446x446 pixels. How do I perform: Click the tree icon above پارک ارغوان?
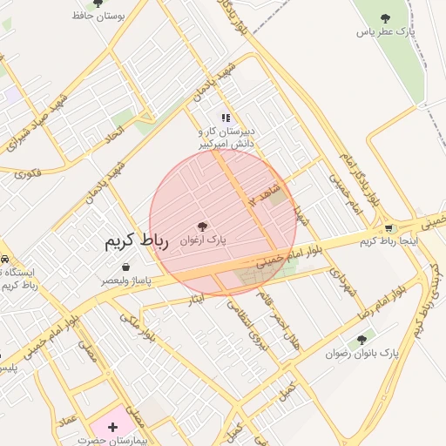pyautogui.click(x=203, y=226)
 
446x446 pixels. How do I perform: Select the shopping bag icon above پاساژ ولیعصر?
pyautogui.click(x=126, y=267)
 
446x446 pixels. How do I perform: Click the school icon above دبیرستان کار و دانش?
pyautogui.click(x=226, y=118)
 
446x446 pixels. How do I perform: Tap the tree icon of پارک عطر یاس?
pyautogui.click(x=384, y=18)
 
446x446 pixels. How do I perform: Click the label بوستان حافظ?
pyautogui.click(x=98, y=15)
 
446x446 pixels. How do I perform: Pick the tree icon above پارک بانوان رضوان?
pyautogui.click(x=362, y=340)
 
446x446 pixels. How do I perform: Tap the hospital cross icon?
pyautogui.click(x=112, y=426)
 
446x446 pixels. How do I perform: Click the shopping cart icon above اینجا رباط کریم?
pyautogui.click(x=389, y=228)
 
